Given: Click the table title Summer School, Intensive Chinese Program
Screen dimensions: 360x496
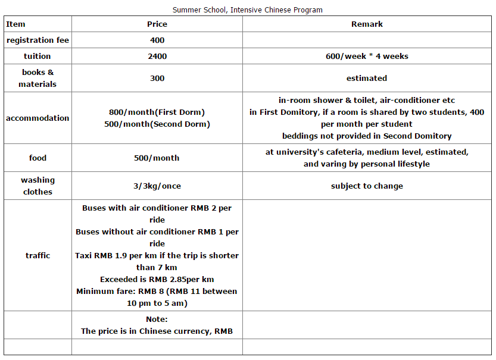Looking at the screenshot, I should coord(248,10).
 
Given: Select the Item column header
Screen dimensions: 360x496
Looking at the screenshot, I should coord(16,24).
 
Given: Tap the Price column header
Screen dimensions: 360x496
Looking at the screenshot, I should coord(157,24).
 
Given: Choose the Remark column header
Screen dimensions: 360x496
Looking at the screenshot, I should coord(367,24).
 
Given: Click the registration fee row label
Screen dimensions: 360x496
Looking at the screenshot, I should coord(38,40).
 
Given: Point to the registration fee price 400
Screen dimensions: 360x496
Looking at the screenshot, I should coord(157,40).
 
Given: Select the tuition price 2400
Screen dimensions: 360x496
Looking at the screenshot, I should coord(157,57).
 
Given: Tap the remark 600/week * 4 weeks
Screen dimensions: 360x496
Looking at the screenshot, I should coord(367,57).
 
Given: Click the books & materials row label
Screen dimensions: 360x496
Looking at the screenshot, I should coord(38,78).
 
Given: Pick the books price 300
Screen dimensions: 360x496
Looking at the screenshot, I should coord(157,78).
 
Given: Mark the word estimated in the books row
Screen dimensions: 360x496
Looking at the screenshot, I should coord(367,78).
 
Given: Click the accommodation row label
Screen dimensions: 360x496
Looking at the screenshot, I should coord(38,118).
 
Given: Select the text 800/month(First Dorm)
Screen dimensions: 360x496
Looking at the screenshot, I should coord(157,112).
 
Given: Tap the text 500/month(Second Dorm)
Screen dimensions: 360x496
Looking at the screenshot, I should coord(157,124).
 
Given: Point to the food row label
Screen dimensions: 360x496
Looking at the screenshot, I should coord(38,158).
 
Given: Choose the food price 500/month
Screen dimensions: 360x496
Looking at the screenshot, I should coord(157,158).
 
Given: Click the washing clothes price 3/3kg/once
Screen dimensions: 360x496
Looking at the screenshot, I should coord(157,186).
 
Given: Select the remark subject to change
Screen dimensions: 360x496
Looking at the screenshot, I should coord(367,186).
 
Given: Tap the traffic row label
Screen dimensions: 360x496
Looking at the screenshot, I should coord(38,255).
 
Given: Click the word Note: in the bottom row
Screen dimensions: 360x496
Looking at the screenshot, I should coord(157,320).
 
